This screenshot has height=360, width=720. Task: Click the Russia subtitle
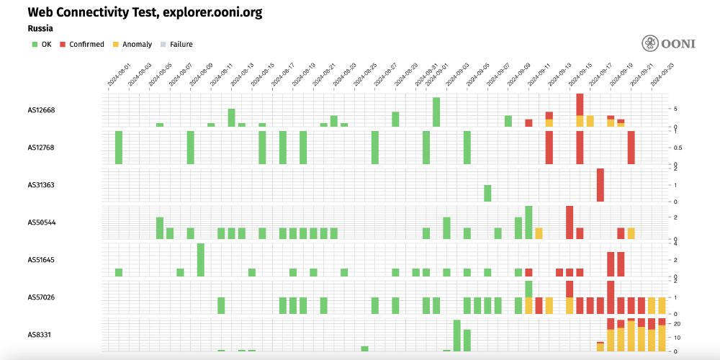[x=40, y=29]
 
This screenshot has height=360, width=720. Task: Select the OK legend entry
[x=42, y=45]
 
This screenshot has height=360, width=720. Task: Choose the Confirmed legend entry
[x=82, y=45]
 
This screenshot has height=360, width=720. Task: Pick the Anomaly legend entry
[x=132, y=45]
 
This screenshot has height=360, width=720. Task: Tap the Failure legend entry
[x=176, y=45]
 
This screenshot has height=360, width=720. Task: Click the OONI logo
[x=669, y=43]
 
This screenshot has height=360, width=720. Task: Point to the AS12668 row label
[x=42, y=110]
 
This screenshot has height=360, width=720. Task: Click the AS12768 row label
[x=42, y=148]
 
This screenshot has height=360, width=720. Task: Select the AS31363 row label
[x=42, y=185]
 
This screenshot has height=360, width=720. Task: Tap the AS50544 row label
[x=42, y=222]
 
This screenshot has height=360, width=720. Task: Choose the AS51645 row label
[x=42, y=260]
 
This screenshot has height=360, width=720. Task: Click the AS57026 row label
[x=42, y=297]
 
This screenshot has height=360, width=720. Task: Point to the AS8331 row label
[x=40, y=335]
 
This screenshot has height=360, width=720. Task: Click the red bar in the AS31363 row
[x=600, y=185]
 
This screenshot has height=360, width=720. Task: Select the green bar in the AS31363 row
[x=487, y=193]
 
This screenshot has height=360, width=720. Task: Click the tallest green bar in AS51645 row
[x=201, y=260]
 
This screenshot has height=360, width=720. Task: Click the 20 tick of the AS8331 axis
[x=677, y=324]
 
